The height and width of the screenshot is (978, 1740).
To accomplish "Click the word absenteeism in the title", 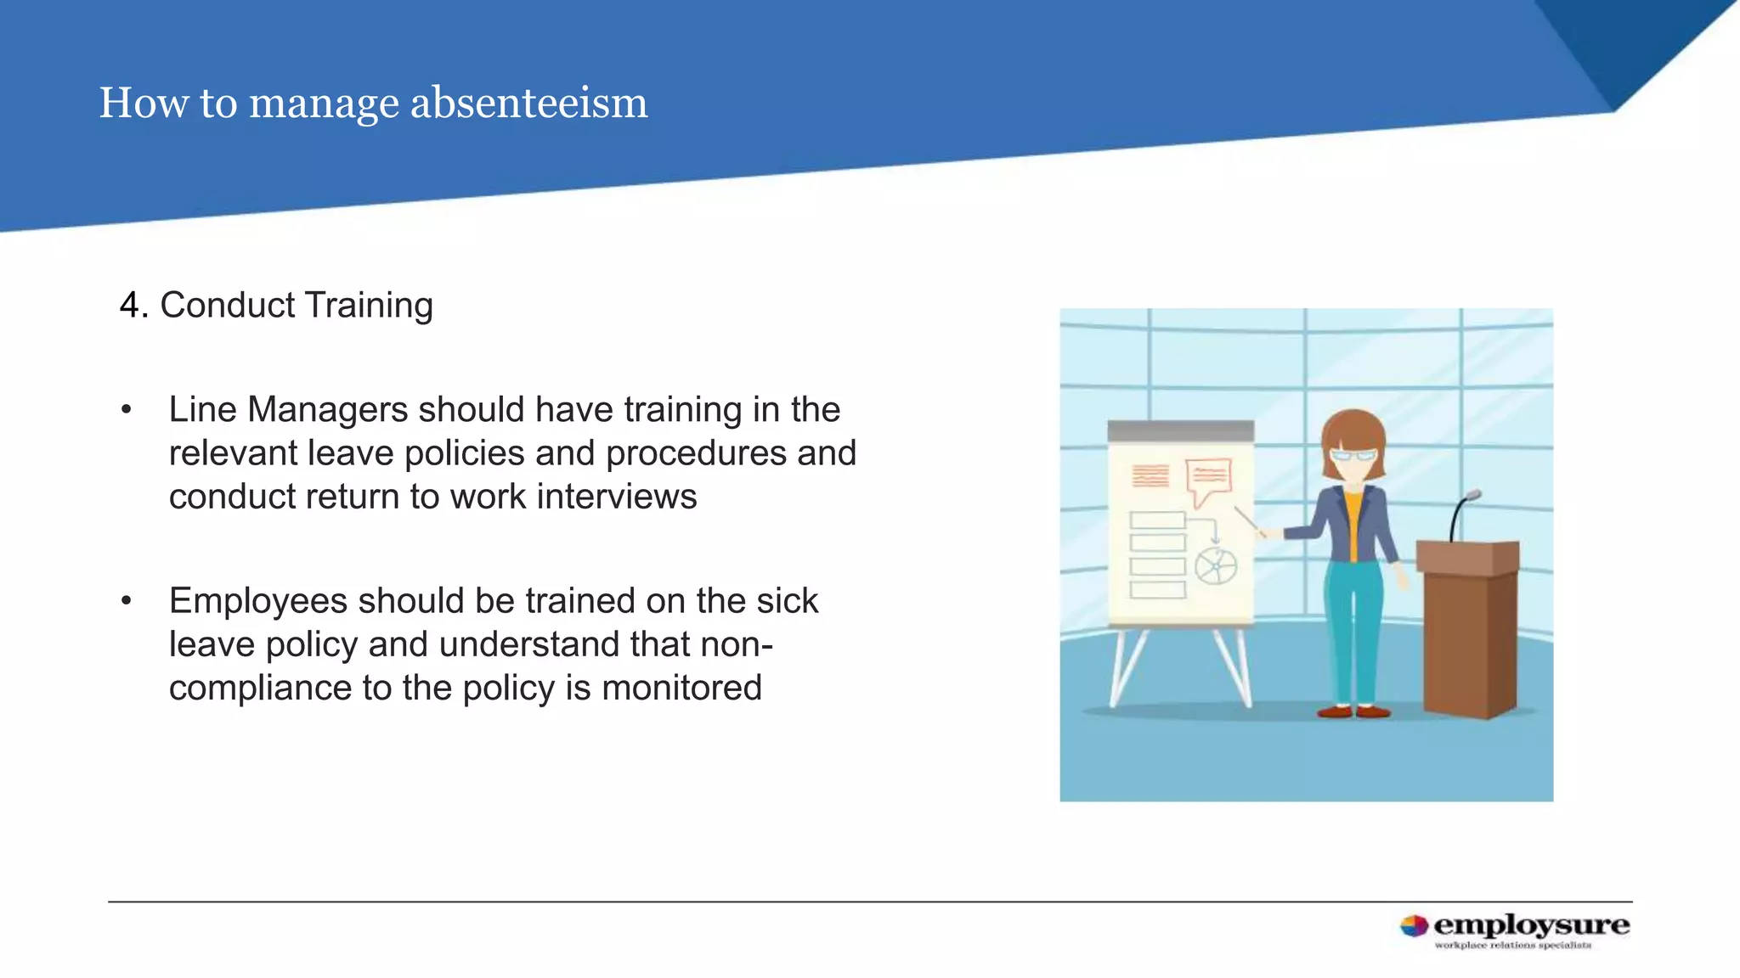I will (x=528, y=103).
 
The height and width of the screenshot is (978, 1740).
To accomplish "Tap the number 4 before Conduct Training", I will (x=129, y=306).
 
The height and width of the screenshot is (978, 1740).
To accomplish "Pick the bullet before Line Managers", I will (x=127, y=411).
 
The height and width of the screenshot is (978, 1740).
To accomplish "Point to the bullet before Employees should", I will (x=127, y=602).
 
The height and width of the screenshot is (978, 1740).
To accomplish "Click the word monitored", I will (x=681, y=688).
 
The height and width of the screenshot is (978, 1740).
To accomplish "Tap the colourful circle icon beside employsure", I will (x=1414, y=926).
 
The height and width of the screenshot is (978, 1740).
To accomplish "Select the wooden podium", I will (x=1470, y=628).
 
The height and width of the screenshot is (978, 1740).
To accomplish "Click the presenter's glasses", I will (x=1353, y=455).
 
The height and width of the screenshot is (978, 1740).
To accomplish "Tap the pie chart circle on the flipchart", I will (x=1216, y=566).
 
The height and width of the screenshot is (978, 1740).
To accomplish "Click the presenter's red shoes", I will (x=1353, y=711).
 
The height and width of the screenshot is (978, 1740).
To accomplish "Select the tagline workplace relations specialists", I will (x=1512, y=945).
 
